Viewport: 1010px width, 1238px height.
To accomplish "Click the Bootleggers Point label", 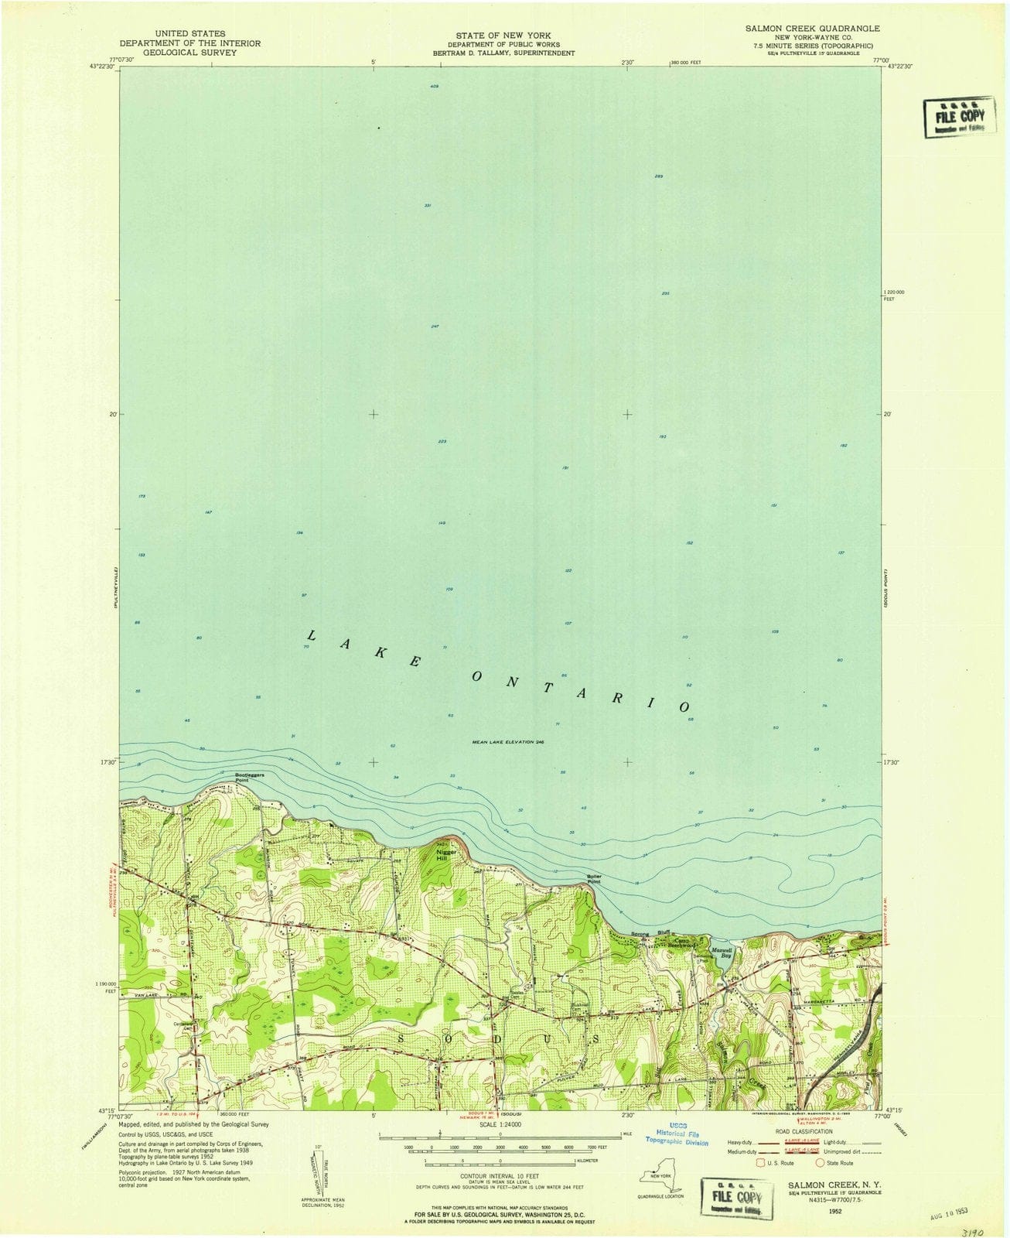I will coord(229,776).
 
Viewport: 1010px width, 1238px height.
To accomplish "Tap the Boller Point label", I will coord(594,878).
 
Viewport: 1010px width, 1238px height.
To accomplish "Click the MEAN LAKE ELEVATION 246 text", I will coord(508,742).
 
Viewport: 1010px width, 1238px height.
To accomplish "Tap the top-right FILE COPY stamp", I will coord(959,118).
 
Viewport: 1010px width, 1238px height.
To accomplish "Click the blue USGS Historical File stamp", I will coord(677,1135).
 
